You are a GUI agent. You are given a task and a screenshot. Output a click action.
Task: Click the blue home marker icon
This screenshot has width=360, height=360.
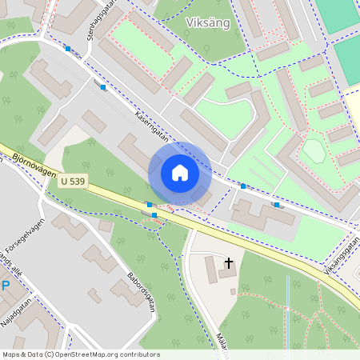[x=180, y=173]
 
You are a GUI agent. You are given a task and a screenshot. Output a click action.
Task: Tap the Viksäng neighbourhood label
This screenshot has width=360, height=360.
[x=207, y=22]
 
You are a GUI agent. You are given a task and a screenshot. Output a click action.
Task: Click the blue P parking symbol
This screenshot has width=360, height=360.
[x=5, y=286]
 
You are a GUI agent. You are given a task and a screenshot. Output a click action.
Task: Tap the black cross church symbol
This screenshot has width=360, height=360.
[x=229, y=262]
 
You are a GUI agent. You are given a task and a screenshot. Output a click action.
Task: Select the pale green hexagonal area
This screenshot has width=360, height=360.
[x=313, y=150]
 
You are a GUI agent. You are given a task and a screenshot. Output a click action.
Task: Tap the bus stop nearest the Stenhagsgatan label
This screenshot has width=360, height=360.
[x=69, y=50]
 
